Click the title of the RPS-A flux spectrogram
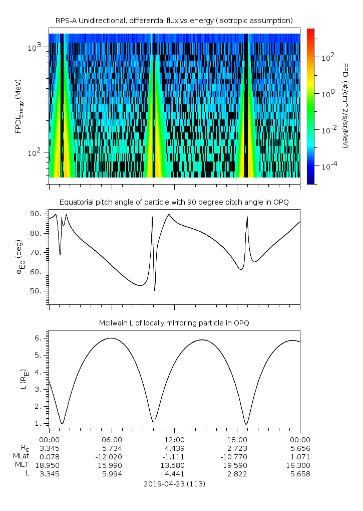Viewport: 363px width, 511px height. pos(174,20)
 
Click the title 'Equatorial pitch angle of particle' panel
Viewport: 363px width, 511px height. pos(174,202)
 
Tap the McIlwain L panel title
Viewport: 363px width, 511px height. pos(174,322)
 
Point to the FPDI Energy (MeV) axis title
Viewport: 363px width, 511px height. pos(19,105)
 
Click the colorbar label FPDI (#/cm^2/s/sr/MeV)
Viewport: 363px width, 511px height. pos(345,105)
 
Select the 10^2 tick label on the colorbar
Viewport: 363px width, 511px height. pos(327,57)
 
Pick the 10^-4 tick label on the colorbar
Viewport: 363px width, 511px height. pos(328,165)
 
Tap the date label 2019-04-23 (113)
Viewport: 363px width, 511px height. pos(174,484)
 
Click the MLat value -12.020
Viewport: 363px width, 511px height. pos(112,456)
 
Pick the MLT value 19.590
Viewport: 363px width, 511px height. pos(237,465)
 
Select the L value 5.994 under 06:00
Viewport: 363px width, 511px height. pos(112,474)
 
